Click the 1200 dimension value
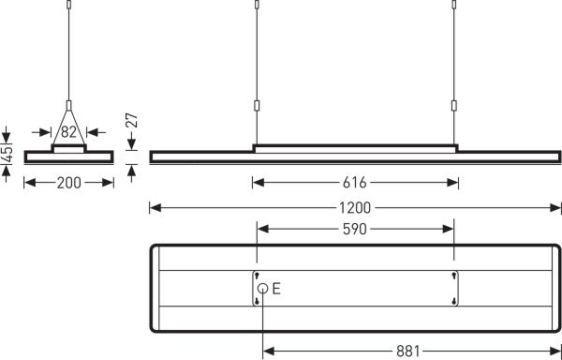pos(355,207)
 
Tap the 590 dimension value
pos(354,229)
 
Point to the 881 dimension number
pos(407,352)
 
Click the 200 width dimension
pos(68,183)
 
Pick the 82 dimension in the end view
pos(68,131)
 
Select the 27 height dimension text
pos(132,121)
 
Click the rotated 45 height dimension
pos(7,154)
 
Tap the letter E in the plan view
pos(276,289)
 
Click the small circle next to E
pos(263,289)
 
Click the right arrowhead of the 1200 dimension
pos(555,207)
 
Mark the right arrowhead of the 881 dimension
pos(555,352)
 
